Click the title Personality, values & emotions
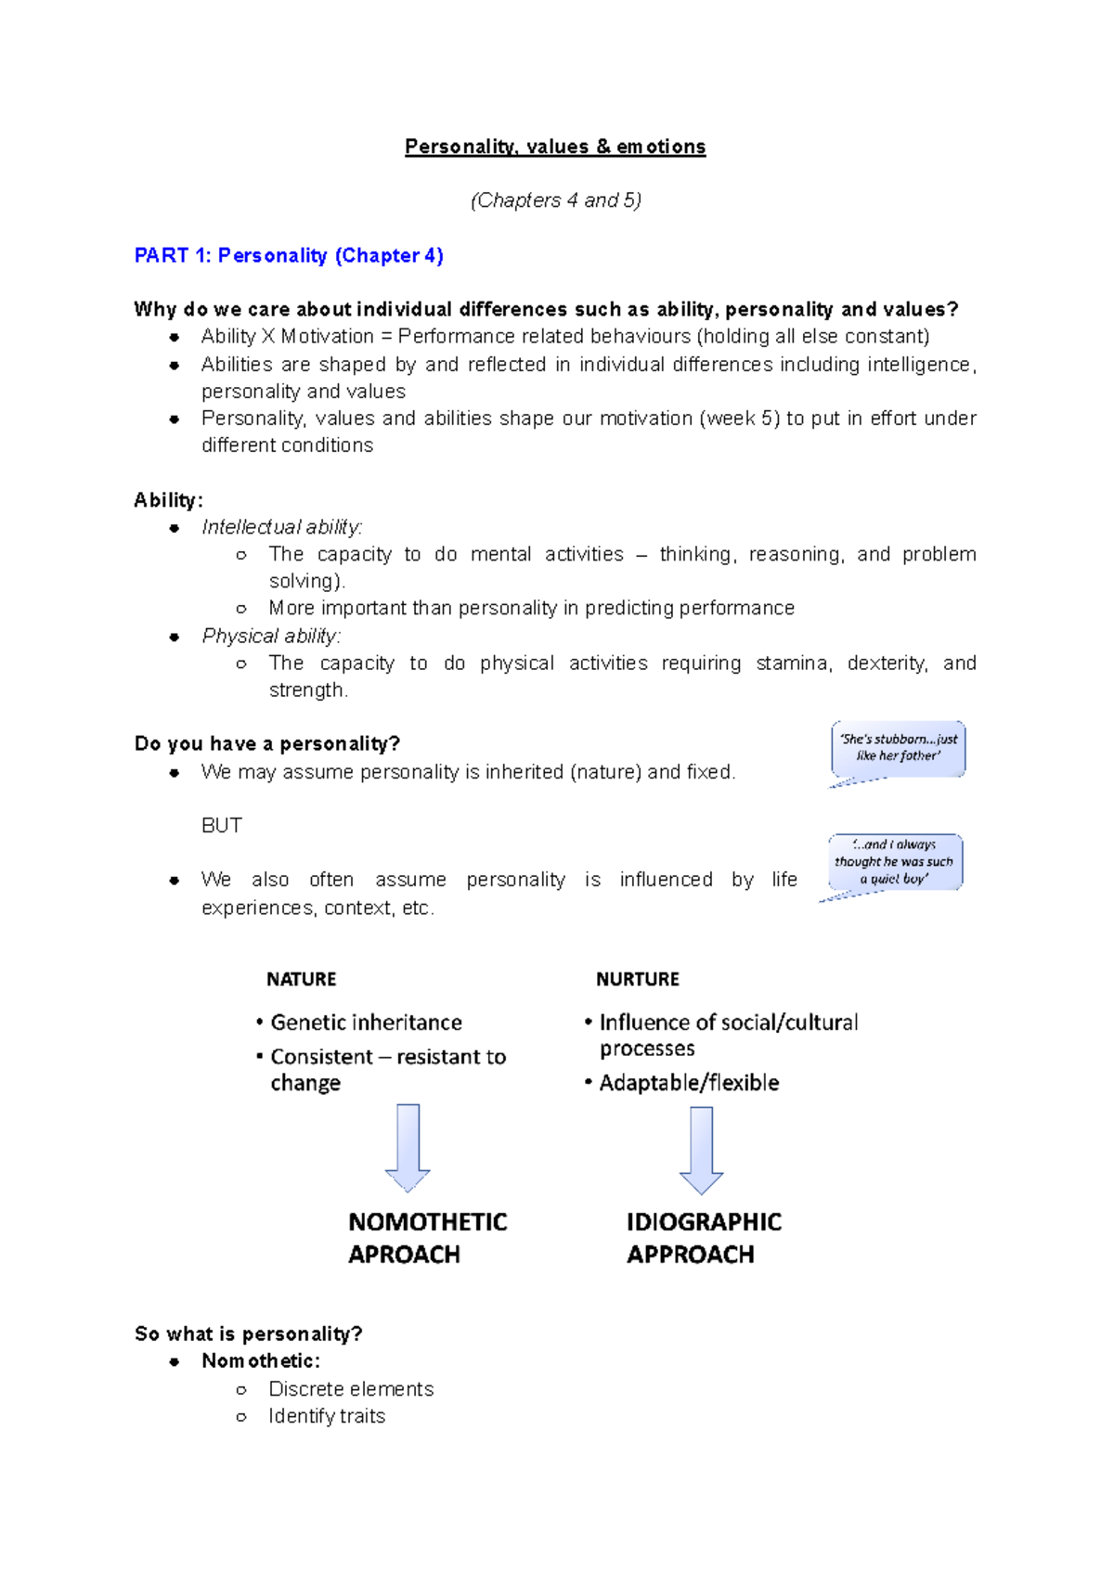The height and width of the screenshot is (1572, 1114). (555, 147)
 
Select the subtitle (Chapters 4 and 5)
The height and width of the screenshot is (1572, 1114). (555, 200)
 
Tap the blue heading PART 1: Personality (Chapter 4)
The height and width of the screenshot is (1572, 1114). (289, 255)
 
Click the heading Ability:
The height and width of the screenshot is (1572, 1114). (168, 500)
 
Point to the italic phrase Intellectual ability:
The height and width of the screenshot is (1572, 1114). (281, 527)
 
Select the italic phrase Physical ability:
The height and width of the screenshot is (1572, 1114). (271, 636)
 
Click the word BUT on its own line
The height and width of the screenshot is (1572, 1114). (222, 825)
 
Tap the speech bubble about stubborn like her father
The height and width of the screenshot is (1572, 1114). (898, 748)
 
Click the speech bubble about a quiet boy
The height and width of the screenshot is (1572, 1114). (894, 862)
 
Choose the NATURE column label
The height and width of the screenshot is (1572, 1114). (301, 979)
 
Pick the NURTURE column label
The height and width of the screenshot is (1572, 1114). (638, 979)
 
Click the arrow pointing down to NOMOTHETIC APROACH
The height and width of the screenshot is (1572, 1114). (408, 1147)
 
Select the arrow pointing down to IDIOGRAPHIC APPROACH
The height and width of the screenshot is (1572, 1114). (702, 1150)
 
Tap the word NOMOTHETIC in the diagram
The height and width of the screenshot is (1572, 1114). (427, 1221)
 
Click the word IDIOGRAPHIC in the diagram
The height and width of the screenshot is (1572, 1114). (704, 1221)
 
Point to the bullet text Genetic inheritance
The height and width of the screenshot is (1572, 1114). (366, 1023)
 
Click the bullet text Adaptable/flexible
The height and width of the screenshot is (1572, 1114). (689, 1083)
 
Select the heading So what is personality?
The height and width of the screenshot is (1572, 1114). (248, 1334)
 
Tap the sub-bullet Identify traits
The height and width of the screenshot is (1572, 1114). (327, 1416)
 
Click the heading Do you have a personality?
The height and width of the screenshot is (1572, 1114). (267, 743)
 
